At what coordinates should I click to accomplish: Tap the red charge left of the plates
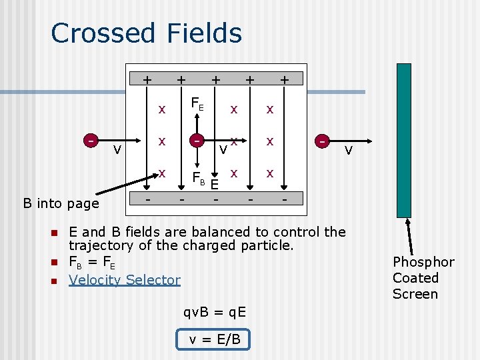(x=90, y=140)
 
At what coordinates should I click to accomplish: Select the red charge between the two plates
(x=196, y=141)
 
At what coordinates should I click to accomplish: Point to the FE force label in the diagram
(x=197, y=104)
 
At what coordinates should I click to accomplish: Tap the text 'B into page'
(x=61, y=203)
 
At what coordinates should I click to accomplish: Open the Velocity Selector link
(x=125, y=280)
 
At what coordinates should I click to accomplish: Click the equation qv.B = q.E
(x=215, y=312)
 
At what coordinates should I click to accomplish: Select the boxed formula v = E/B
(x=214, y=339)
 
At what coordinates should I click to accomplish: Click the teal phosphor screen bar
(x=404, y=140)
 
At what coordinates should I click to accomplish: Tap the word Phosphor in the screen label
(x=423, y=262)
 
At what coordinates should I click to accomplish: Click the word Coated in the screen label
(x=415, y=278)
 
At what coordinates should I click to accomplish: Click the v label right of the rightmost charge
(x=347, y=150)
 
